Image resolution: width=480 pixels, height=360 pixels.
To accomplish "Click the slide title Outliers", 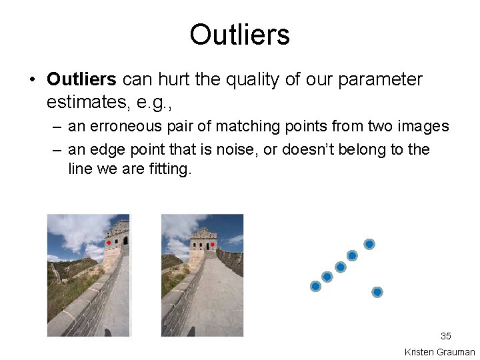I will tap(239, 35).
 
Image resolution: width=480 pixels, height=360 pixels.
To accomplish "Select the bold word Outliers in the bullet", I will tap(81, 80).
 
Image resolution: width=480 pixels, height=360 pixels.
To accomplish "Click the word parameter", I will tap(380, 80).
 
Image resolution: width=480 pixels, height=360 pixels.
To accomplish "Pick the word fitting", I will tap(171, 169).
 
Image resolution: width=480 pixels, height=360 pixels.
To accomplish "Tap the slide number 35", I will tap(445, 336).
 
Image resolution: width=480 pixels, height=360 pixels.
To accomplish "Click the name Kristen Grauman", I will tap(439, 352).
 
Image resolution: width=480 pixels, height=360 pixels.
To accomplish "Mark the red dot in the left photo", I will tap(109, 243).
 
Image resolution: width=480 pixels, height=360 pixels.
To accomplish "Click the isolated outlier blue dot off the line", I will tap(377, 292).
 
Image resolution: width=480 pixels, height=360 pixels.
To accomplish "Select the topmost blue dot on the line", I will tap(369, 244).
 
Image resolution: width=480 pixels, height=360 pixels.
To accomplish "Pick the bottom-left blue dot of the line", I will tap(316, 286).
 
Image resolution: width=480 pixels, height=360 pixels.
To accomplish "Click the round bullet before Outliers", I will tap(31, 81).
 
